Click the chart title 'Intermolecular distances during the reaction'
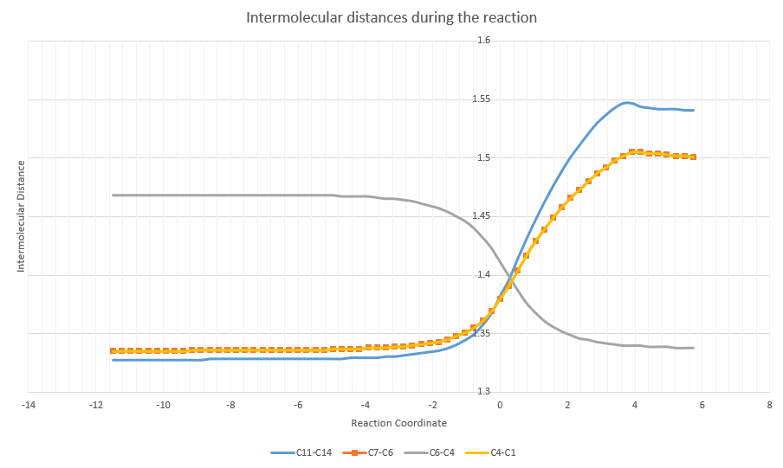(x=391, y=17)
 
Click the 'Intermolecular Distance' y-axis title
(x=20, y=216)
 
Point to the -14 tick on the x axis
(x=29, y=404)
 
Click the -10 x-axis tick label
(x=163, y=404)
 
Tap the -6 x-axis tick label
(x=298, y=404)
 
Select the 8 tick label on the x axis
(x=769, y=404)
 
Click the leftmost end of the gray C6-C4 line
(x=113, y=196)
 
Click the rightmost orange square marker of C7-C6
(x=694, y=157)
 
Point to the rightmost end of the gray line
(x=694, y=348)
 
